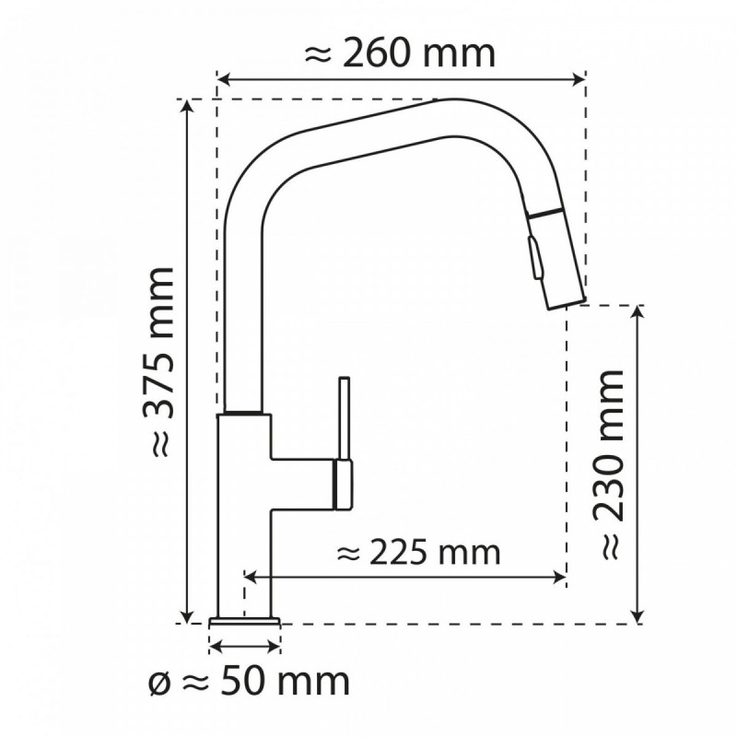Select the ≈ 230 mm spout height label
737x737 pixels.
tap(610, 465)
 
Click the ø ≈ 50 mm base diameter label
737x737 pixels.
tap(249, 683)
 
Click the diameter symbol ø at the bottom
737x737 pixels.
tap(158, 684)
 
